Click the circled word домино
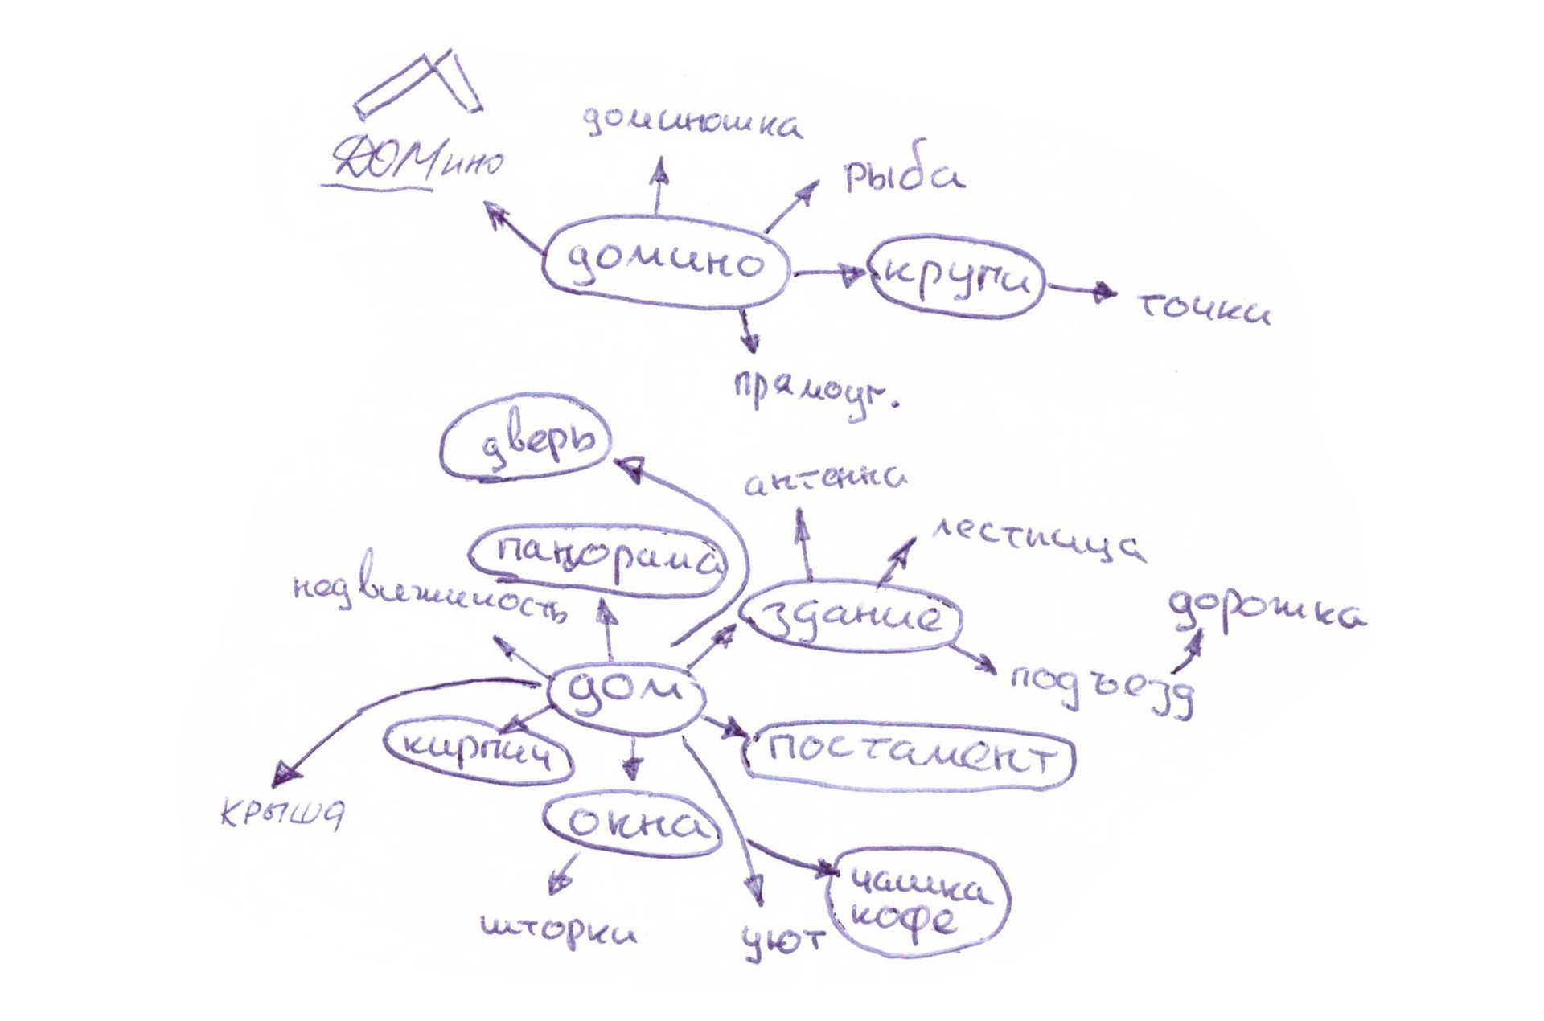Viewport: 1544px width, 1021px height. tap(664, 263)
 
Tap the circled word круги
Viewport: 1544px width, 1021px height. tap(957, 277)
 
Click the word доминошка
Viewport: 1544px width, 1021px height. tap(692, 125)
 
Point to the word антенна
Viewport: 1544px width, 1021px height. tap(825, 479)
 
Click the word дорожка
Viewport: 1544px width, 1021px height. tap(1266, 614)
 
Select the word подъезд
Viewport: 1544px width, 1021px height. tap(1102, 688)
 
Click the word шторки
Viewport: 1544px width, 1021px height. tap(559, 931)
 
